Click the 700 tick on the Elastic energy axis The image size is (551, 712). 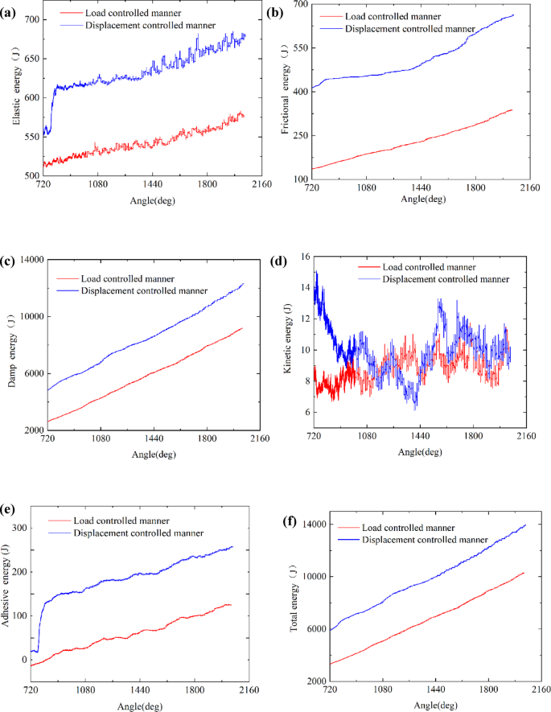click(31, 19)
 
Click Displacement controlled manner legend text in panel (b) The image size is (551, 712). click(407, 29)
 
